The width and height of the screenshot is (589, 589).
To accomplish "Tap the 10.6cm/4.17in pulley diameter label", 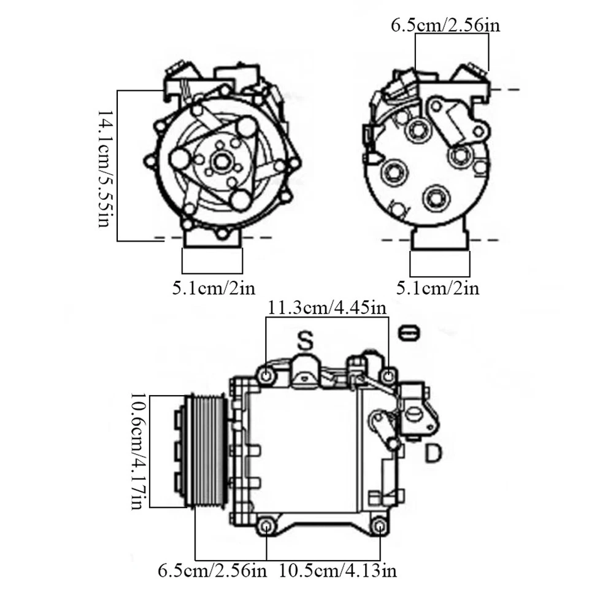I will coord(139,451).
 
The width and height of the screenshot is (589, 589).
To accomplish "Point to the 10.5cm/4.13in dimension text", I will coord(337,571).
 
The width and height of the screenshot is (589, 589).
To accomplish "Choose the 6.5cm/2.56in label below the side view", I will coord(212,571).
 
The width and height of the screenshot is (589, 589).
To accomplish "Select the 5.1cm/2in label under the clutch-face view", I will coord(213,287).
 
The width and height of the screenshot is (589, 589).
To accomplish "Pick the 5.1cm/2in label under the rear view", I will coord(437,287).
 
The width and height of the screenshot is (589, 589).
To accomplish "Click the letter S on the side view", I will coord(305,341).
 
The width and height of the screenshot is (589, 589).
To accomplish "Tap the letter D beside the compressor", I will coord(433,454).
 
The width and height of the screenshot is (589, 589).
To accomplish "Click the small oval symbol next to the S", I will coord(409,333).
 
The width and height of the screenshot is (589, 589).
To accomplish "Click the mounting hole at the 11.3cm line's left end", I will coord(266,375).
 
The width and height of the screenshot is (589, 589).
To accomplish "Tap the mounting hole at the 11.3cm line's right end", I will coord(387,375).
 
